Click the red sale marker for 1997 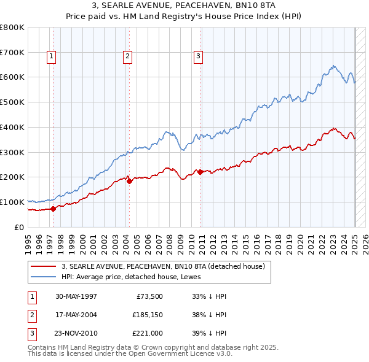coord(53,208)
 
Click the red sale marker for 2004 coord(129,180)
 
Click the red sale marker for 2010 coord(200,172)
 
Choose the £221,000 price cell coord(147,334)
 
